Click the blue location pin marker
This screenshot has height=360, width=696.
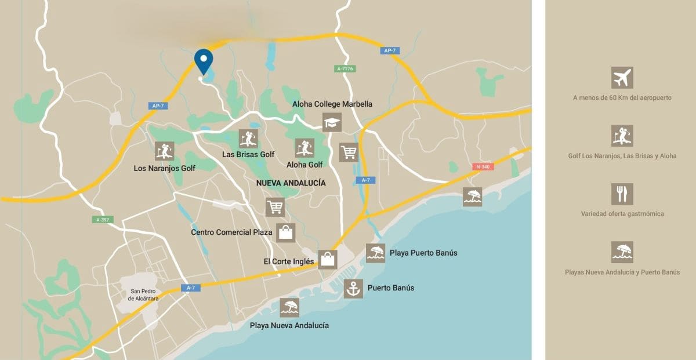tap(204, 60)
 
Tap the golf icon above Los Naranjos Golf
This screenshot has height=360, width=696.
tap(165, 151)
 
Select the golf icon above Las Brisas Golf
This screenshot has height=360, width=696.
tap(248, 139)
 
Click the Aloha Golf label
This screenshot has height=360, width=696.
tap(304, 165)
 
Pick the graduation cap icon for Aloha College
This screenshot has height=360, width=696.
tap(332, 122)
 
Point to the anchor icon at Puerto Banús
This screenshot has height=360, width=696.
tap(353, 288)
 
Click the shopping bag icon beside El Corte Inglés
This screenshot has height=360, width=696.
tap(328, 259)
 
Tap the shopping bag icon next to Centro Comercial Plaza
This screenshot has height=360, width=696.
tap(285, 232)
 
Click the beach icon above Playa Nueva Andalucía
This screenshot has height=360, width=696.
tap(289, 307)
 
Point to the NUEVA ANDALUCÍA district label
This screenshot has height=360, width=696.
tap(291, 183)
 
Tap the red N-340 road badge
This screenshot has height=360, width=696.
tap(482, 167)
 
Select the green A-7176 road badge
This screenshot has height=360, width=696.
tap(345, 68)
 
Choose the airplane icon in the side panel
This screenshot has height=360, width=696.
tap(622, 78)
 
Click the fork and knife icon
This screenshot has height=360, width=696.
tap(622, 194)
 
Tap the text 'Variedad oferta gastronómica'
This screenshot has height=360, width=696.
tap(622, 214)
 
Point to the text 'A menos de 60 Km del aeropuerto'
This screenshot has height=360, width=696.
tap(622, 98)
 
